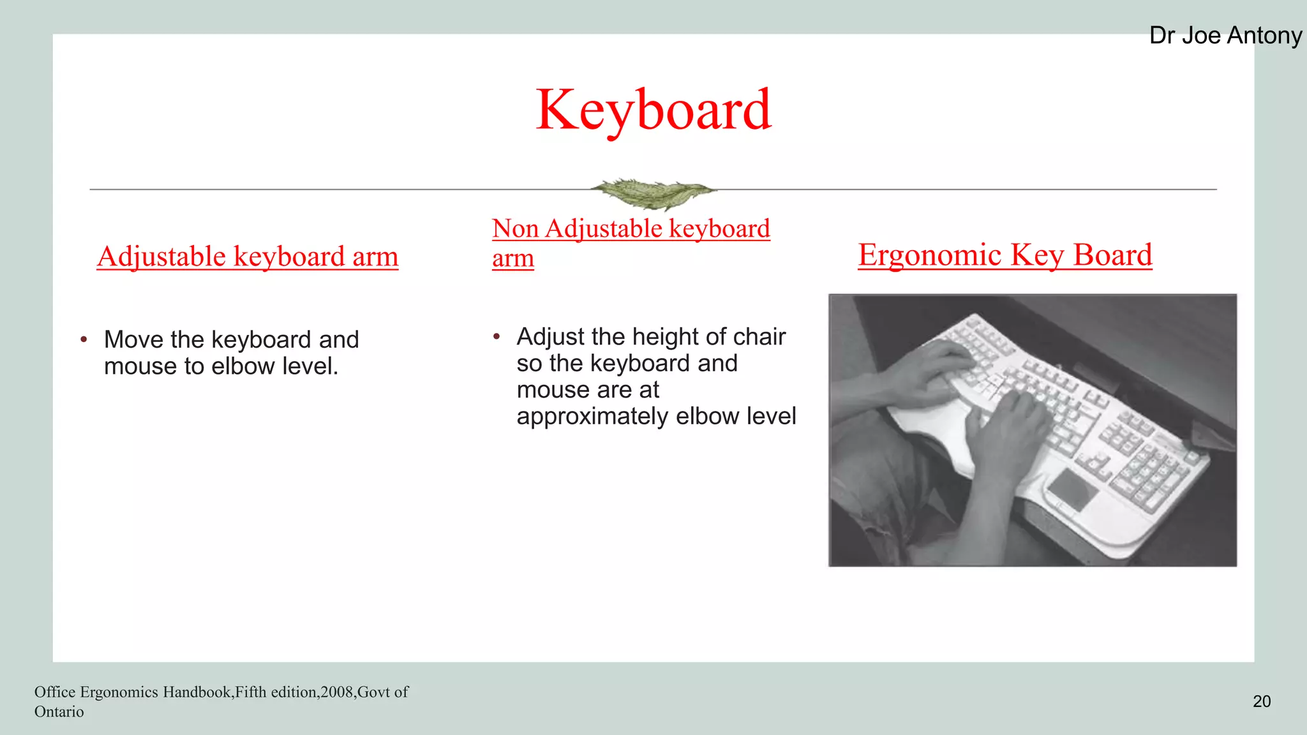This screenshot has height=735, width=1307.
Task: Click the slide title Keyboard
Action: pos(653,110)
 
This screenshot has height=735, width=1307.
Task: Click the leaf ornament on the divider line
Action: pos(652,193)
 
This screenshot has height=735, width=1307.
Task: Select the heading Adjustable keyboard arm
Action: pos(248,256)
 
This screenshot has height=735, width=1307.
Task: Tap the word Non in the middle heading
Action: pos(516,228)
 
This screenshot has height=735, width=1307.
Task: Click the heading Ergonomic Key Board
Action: pos(1005,255)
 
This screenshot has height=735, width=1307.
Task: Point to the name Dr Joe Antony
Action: pos(1225,36)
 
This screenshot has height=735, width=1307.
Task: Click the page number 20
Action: pos(1261,701)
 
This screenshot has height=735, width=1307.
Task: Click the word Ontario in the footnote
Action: pos(59,712)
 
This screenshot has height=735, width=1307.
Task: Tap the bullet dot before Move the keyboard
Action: pos(84,339)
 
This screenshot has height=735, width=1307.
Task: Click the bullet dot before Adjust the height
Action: pos(497,336)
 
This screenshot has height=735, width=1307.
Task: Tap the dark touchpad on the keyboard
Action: pos(1073,489)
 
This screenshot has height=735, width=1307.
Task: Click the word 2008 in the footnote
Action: pos(337,692)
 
